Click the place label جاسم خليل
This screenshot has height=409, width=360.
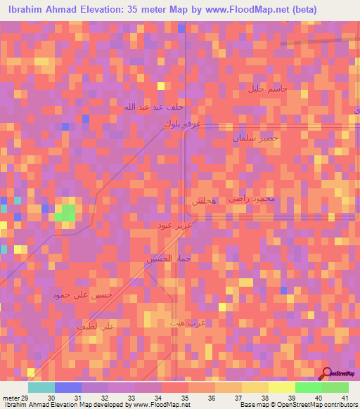click(x=268, y=90)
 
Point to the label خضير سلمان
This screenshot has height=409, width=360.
click(x=256, y=138)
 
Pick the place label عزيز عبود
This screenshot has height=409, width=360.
click(x=174, y=226)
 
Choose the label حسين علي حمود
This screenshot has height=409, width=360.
click(x=82, y=296)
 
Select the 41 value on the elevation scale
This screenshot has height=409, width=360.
click(x=345, y=397)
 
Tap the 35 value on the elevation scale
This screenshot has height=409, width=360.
click(x=184, y=397)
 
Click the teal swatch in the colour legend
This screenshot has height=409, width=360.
click(x=41, y=387)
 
